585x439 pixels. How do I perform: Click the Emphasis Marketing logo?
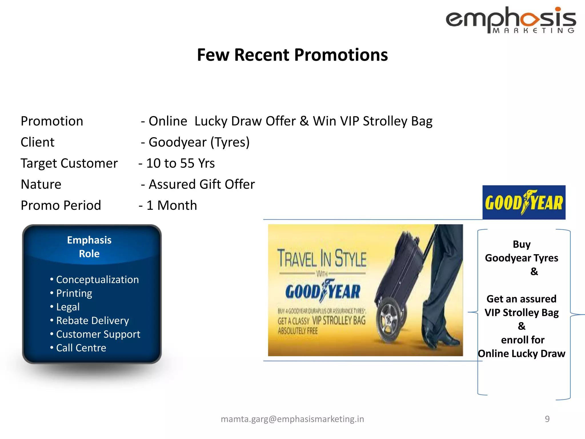pyautogui.click(x=511, y=20)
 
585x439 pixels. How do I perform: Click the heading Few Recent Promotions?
pyautogui.click(x=292, y=55)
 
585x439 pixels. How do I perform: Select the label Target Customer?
pyautogui.click(x=69, y=163)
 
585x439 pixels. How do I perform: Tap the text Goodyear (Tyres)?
pyautogui.click(x=199, y=142)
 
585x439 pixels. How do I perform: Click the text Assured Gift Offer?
pyautogui.click(x=201, y=184)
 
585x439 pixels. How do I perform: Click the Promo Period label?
pyautogui.click(x=61, y=205)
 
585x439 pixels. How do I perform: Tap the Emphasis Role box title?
pyautogui.click(x=89, y=247)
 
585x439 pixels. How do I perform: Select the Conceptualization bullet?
pyautogui.click(x=97, y=280)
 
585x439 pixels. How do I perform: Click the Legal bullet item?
pyautogui.click(x=68, y=307)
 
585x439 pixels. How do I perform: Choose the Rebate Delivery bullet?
pyautogui.click(x=92, y=321)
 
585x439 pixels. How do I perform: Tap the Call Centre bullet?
pyautogui.click(x=81, y=348)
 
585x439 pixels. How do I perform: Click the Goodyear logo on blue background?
pyautogui.click(x=524, y=202)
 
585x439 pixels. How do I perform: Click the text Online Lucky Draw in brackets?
pyautogui.click(x=521, y=354)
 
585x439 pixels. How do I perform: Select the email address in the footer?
pyautogui.click(x=292, y=419)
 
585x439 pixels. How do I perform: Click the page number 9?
pyautogui.click(x=547, y=419)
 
